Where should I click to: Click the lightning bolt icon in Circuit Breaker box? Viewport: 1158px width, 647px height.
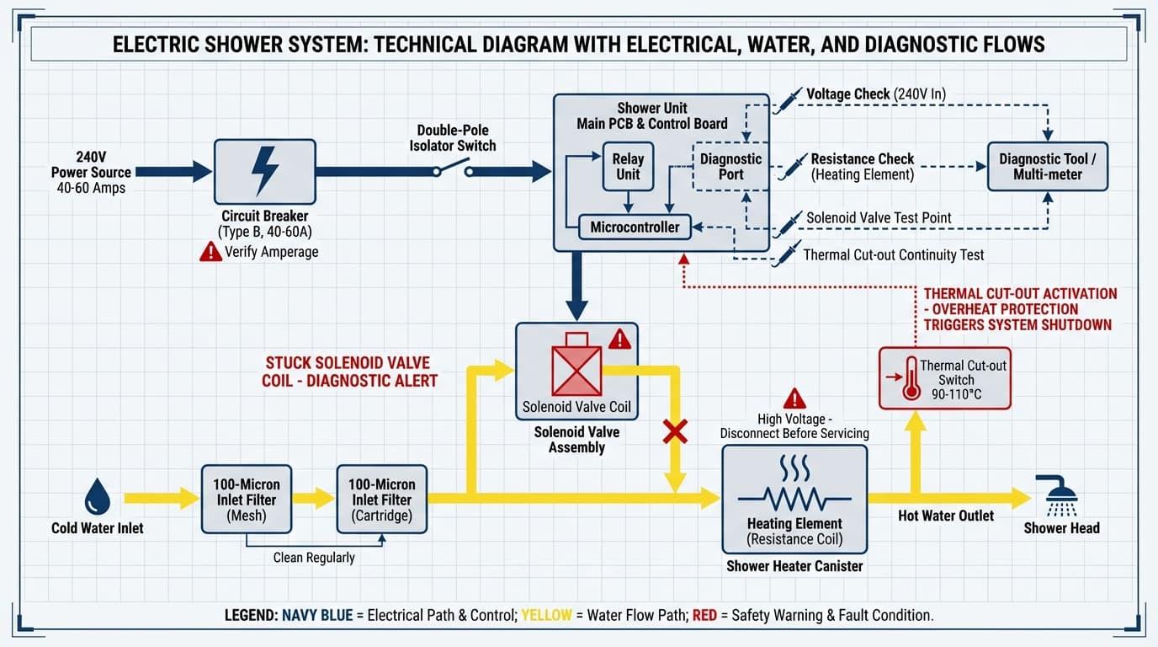tap(265, 171)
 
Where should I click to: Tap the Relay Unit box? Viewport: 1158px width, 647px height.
tap(627, 167)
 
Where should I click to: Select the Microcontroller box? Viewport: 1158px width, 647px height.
tap(635, 227)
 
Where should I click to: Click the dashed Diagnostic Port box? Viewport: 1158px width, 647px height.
tap(730, 166)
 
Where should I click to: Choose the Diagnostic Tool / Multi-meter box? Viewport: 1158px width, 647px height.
tap(1047, 166)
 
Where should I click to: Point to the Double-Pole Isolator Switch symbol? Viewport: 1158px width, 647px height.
tap(452, 170)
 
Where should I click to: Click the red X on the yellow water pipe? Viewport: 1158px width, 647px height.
tap(675, 433)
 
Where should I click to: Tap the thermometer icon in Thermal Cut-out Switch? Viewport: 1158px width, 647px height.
tap(911, 378)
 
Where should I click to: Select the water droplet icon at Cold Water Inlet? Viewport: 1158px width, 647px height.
tap(98, 497)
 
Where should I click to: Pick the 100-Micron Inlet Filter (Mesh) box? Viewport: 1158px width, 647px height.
tap(247, 499)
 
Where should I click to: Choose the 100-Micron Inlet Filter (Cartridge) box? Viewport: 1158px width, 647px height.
tap(381, 499)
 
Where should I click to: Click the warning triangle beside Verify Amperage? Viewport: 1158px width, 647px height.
tap(210, 251)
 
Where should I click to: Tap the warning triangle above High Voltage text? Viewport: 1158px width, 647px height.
tap(794, 398)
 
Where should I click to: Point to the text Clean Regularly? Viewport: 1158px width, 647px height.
tap(314, 557)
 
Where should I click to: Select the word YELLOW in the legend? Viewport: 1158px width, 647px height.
tap(547, 615)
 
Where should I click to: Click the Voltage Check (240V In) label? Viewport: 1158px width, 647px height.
tap(875, 94)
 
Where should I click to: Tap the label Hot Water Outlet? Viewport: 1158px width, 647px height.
tap(946, 516)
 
